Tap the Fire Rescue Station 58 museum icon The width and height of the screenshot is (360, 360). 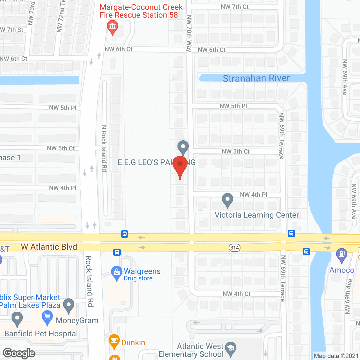[x=112, y=27]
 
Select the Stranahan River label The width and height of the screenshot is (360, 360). [x=256, y=78]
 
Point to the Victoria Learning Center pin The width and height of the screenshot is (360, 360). [x=228, y=200]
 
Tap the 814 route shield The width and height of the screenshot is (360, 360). [x=235, y=248]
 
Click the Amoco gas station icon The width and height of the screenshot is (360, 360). [x=342, y=255]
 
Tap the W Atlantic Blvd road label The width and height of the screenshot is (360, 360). [x=49, y=247]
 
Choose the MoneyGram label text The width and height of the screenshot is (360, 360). [x=77, y=320]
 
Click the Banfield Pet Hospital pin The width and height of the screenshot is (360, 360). [x=17, y=318]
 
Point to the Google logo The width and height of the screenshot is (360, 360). [x=19, y=353]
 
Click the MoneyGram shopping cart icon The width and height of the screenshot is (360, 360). [x=47, y=318]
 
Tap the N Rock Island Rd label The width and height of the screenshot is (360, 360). [x=104, y=148]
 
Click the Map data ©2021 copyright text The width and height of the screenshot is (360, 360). [x=336, y=356]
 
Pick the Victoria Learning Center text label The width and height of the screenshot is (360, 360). [x=256, y=215]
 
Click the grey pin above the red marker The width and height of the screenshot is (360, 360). [x=183, y=147]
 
